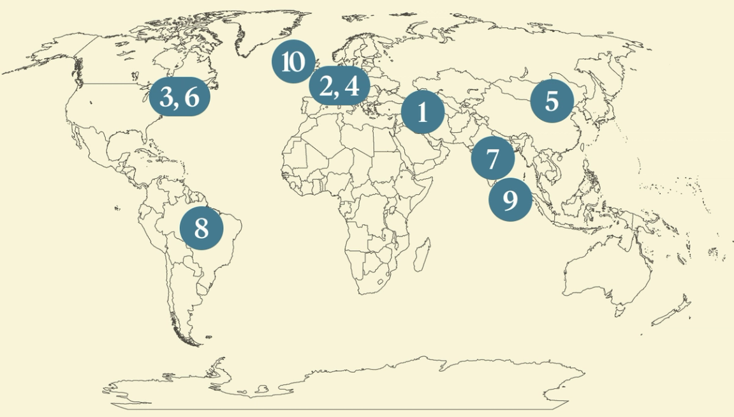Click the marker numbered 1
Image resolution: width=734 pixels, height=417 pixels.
[x=422, y=112]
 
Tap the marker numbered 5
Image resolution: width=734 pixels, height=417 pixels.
[x=552, y=101]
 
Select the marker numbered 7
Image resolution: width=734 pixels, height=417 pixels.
[x=492, y=158]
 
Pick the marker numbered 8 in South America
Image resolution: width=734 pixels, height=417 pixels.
[x=202, y=228]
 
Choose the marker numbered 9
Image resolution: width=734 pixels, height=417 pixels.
[x=510, y=200]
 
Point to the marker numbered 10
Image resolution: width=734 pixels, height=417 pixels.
[x=293, y=63]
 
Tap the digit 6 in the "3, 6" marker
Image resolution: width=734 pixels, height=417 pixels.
[x=191, y=98]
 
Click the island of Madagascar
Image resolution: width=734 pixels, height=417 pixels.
[x=421, y=254]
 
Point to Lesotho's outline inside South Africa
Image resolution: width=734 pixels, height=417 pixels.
[x=381, y=280]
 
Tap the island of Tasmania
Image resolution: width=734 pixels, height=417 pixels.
[x=619, y=311]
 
